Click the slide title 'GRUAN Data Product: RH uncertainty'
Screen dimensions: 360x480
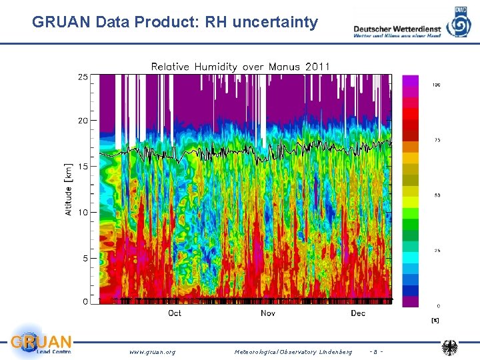point(175,22)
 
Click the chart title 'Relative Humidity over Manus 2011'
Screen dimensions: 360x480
point(240,67)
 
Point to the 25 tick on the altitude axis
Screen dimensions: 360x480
point(83,77)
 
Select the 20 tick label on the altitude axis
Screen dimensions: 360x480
point(83,121)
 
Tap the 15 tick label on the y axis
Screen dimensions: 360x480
point(83,166)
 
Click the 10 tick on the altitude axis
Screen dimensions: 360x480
point(83,212)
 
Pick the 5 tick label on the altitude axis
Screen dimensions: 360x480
point(85,258)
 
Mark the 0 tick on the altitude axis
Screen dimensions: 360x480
point(85,302)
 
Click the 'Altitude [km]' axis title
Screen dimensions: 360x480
point(69,189)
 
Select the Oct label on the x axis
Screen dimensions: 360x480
point(175,313)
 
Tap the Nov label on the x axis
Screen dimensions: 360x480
point(268,313)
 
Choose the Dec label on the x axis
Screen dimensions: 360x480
point(358,313)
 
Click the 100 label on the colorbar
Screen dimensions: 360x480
point(436,85)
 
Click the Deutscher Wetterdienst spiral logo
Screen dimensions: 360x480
point(461,23)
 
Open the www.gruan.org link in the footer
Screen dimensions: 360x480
point(152,351)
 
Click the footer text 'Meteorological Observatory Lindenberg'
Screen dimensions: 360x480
point(293,351)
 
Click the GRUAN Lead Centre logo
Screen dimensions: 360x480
point(40,343)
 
